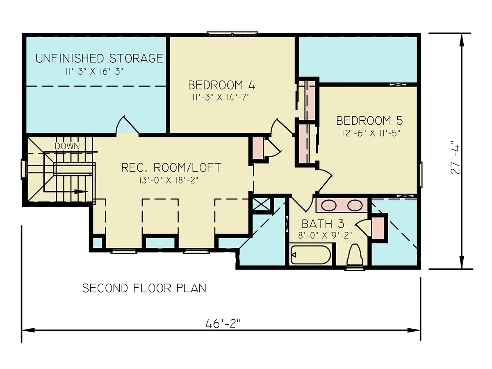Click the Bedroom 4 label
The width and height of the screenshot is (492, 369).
pyautogui.click(x=221, y=85)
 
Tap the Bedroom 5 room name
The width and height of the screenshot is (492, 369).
pyautogui.click(x=369, y=121)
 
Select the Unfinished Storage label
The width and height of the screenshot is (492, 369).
pyautogui.click(x=99, y=58)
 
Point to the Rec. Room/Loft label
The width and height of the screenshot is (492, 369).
pyautogui.click(x=171, y=168)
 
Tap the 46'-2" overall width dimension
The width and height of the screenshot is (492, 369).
pyautogui.click(x=223, y=324)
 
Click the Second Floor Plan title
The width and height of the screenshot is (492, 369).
pyautogui.click(x=144, y=288)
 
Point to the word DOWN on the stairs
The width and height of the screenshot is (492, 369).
pyautogui.click(x=67, y=146)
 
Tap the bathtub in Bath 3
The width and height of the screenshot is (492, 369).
pyautogui.click(x=310, y=255)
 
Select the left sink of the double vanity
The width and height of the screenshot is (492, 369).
pyautogui.click(x=328, y=206)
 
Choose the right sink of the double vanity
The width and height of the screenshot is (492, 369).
pyautogui.click(x=355, y=206)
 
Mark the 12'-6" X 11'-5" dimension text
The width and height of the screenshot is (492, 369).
pyautogui.click(x=371, y=134)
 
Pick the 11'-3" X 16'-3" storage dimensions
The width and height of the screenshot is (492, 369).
pyautogui.click(x=95, y=72)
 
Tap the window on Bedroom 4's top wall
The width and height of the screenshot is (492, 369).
pyautogui.click(x=232, y=34)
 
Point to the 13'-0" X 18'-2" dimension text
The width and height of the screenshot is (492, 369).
pyautogui.click(x=169, y=181)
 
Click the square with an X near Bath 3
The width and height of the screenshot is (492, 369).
pyautogui.click(x=261, y=204)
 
